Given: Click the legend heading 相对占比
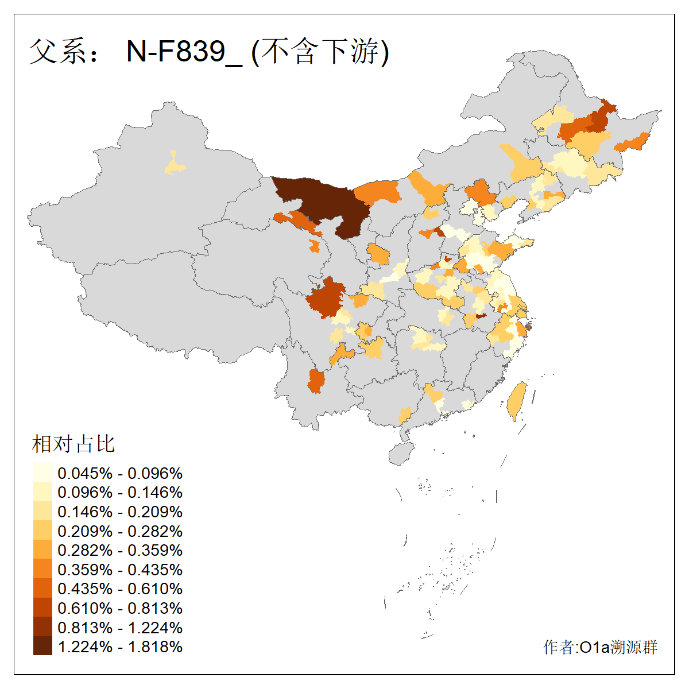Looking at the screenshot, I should pyautogui.click(x=73, y=444).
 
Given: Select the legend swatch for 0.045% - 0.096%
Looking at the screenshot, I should pyautogui.click(x=42, y=473).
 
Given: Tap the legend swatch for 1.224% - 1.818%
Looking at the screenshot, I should pyautogui.click(x=42, y=647).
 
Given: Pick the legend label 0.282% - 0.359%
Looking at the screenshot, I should pyautogui.click(x=120, y=550).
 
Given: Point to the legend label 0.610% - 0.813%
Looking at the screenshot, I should pyautogui.click(x=120, y=608).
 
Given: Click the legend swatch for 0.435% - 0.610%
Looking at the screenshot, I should pyautogui.click(x=42, y=589).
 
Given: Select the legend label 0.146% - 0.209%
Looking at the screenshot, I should pyautogui.click(x=120, y=512).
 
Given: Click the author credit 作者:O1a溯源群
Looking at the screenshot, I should pyautogui.click(x=600, y=647).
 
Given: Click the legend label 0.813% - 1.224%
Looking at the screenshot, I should pyautogui.click(x=120, y=628).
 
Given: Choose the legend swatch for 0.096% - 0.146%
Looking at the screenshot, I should pyautogui.click(x=42, y=492).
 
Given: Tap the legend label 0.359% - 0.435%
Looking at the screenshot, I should pyautogui.click(x=120, y=570).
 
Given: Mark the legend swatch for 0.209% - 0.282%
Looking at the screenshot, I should pyautogui.click(x=42, y=531).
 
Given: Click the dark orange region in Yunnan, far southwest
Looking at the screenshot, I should pyautogui.click(x=315, y=381).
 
